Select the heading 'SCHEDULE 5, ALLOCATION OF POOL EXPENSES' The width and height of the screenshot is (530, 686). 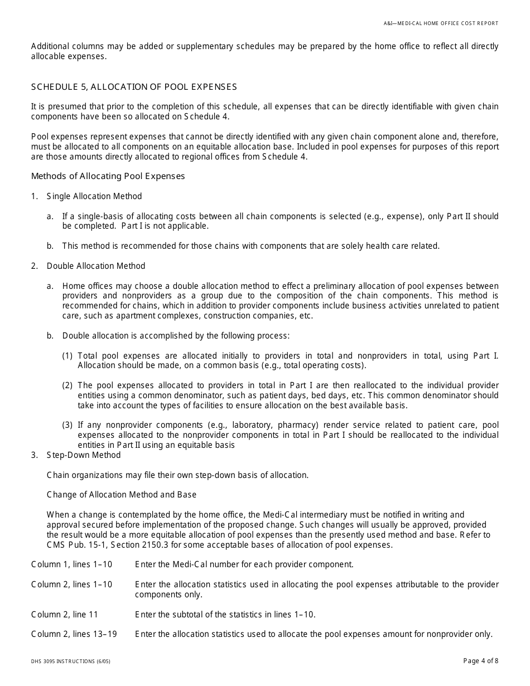pyautogui.click(x=134, y=87)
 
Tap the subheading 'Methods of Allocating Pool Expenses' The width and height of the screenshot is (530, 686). pyautogui.click(x=108, y=176)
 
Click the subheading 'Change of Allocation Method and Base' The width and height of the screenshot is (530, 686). pyautogui.click(x=122, y=495)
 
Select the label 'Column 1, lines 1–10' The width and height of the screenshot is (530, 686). pyautogui.click(x=71, y=564)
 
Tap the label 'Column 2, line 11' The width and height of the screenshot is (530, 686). pyautogui.click(x=65, y=615)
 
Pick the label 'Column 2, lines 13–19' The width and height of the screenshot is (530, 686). pyautogui.click(x=74, y=634)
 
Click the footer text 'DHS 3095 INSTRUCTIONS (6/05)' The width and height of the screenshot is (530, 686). pyautogui.click(x=66, y=661)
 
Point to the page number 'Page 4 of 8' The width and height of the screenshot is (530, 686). pyautogui.click(x=481, y=661)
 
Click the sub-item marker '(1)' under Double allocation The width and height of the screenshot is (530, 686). pyautogui.click(x=68, y=356)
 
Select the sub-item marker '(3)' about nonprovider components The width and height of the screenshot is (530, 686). pyautogui.click(x=68, y=425)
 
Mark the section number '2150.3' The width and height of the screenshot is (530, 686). pyautogui.click(x=147, y=545)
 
